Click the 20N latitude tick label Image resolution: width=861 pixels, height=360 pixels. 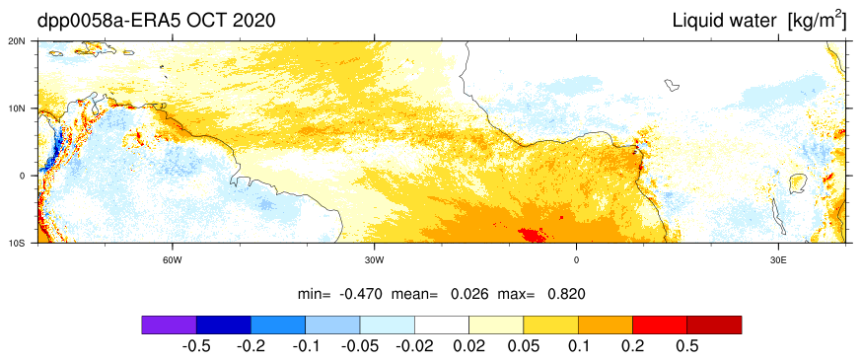point(26,40)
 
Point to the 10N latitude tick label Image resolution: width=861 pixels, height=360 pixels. point(26,108)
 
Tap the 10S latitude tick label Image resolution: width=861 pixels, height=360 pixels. point(26,243)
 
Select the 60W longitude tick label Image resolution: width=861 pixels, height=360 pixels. point(172,259)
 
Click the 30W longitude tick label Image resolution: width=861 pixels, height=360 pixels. point(374,259)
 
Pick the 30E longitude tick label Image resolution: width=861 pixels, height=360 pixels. point(777,259)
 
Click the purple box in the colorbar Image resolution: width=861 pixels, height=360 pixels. point(169,324)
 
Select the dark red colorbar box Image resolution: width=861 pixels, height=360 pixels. point(714,324)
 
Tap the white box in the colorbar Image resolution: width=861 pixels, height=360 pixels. point(442,324)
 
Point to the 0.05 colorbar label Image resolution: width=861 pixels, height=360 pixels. point(524,346)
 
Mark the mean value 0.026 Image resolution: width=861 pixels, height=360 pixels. point(469,294)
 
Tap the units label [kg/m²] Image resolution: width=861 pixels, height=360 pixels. point(817,21)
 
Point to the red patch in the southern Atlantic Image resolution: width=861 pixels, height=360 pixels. point(533,235)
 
